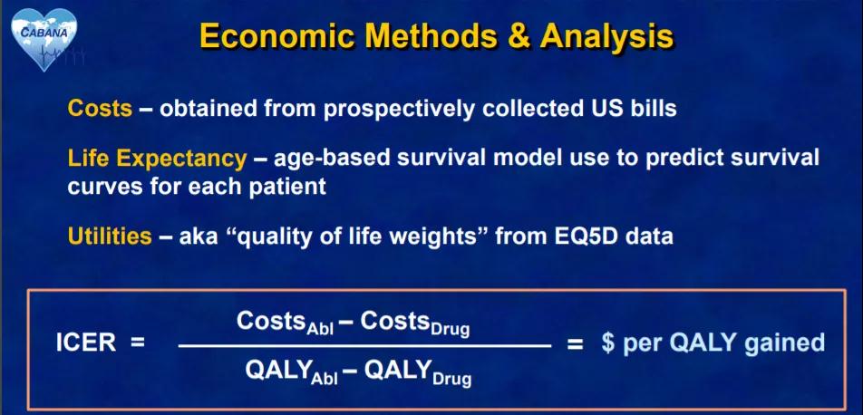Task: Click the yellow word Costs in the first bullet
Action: (100, 109)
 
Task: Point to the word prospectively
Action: (399, 110)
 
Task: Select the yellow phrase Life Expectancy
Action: (158, 159)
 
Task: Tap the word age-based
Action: (335, 159)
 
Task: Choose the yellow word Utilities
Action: (110, 236)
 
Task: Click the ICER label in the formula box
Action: (86, 343)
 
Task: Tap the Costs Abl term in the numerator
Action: (285, 323)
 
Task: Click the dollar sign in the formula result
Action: (607, 343)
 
